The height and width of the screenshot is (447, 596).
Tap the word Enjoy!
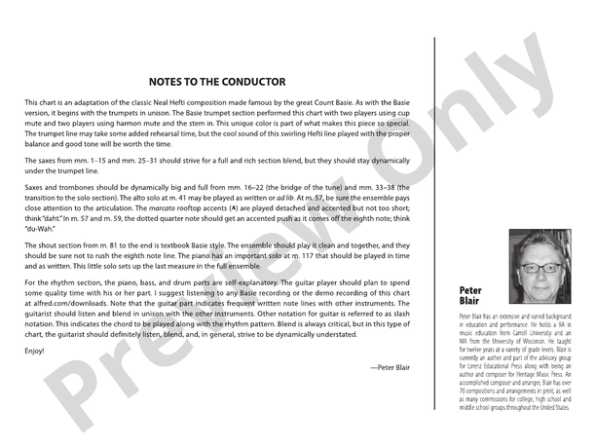pos(35,350)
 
